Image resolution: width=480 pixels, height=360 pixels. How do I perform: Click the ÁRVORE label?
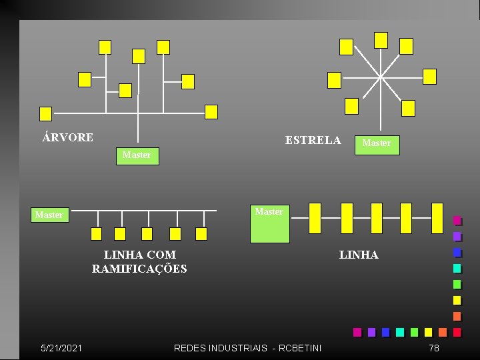pos(67,137)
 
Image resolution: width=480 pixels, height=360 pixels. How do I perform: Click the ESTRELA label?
pos(313,140)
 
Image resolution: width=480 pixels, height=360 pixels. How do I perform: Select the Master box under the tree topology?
pos(137,155)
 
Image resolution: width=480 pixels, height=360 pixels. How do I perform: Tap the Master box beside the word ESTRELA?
pos(377,143)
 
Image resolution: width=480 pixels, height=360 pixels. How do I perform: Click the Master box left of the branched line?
pos(49,215)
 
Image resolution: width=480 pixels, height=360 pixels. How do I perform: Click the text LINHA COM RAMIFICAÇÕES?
pos(139,262)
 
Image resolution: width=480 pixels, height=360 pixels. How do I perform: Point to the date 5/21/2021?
pos(61,348)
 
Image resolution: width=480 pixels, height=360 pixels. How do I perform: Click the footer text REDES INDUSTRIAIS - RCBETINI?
pos(247,348)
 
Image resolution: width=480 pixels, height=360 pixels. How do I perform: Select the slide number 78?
pos(434,348)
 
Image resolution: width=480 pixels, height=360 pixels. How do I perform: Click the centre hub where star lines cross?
pos(381,76)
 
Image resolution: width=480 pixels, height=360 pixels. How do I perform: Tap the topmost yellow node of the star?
pos(381,40)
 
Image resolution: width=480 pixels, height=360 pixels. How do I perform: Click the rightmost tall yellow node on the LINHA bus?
pos(437,218)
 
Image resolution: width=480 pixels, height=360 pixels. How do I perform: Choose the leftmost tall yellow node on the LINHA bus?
pos(315,218)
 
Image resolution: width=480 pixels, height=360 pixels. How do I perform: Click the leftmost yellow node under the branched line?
pos(96,233)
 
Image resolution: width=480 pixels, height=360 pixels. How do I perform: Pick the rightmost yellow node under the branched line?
pos(201,233)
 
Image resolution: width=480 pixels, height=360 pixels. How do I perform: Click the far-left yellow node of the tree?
pos(45,113)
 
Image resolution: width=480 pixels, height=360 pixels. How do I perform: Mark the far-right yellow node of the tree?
pos(211,112)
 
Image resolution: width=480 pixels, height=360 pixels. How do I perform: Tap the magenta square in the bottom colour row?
pos(357,332)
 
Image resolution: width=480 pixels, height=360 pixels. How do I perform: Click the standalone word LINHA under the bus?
pos(359,255)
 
